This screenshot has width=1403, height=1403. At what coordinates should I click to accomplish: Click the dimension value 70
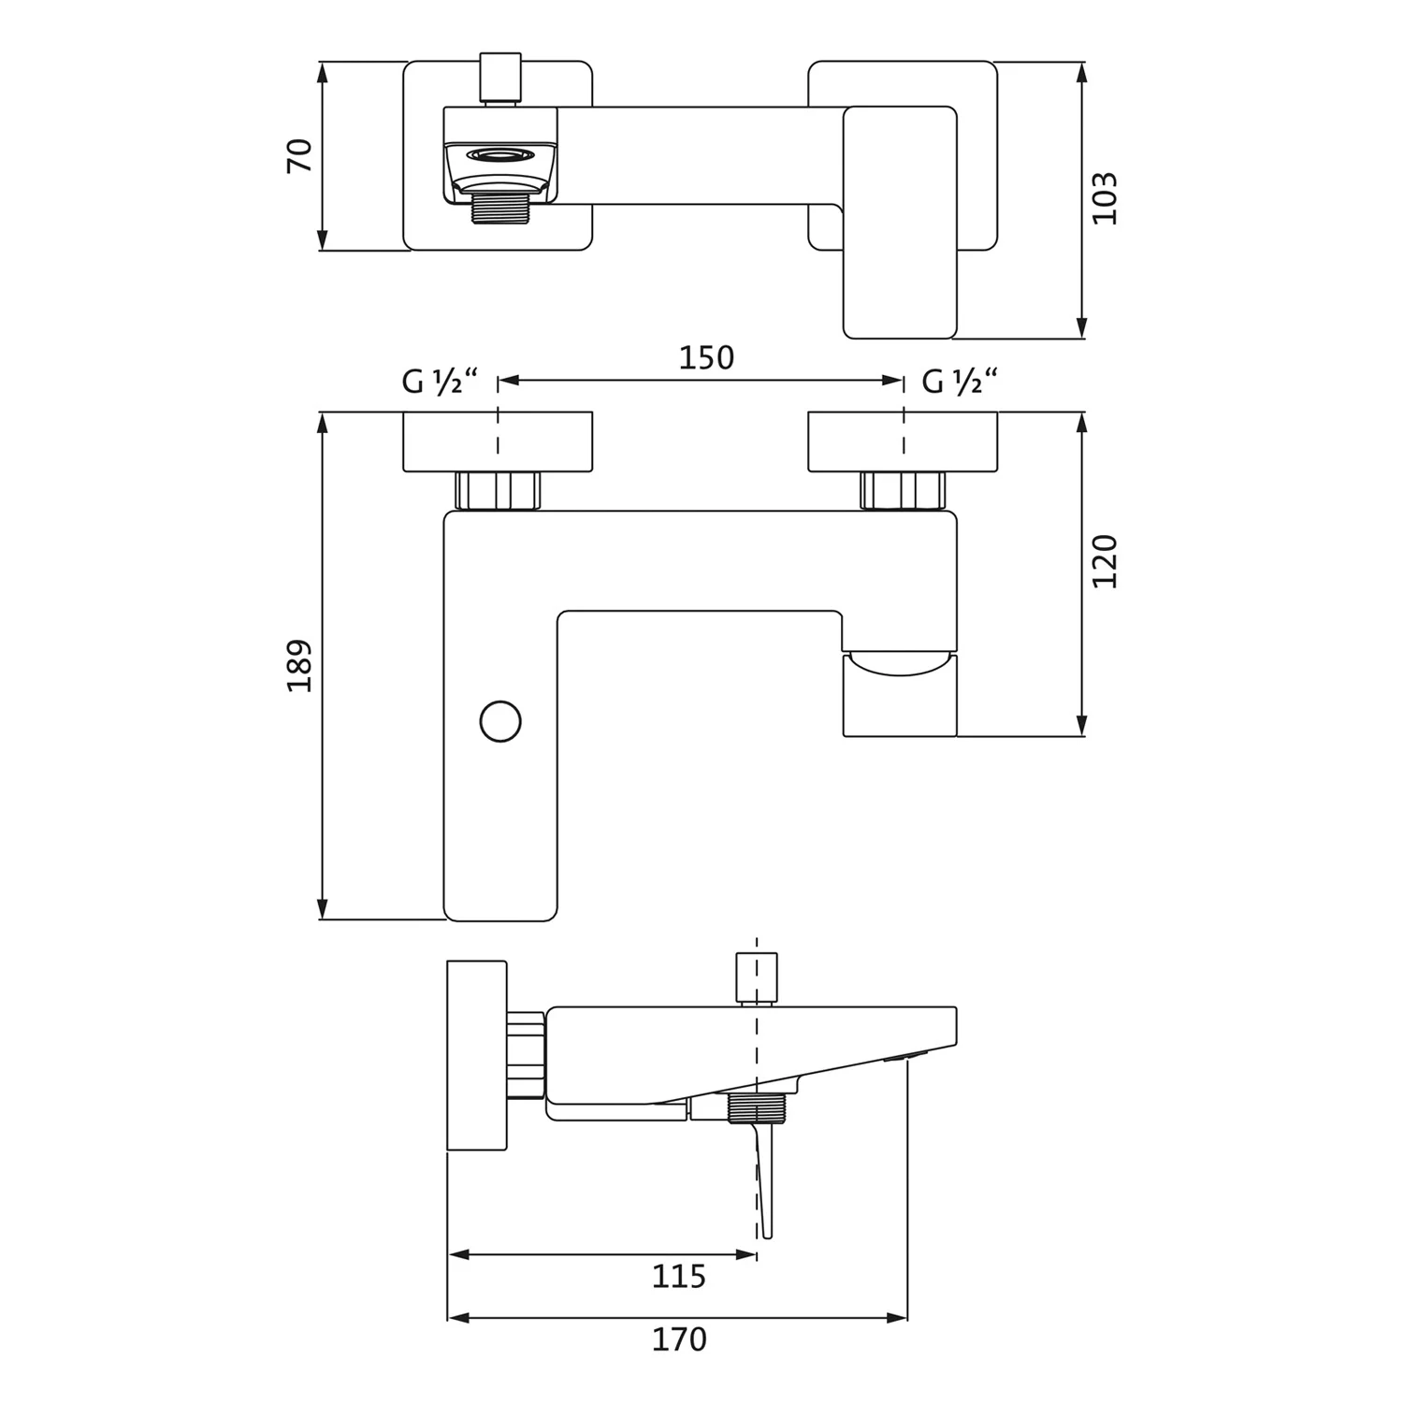point(299,155)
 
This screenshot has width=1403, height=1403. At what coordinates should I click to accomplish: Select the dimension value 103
point(1105,197)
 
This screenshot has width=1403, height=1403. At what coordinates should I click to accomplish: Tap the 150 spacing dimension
point(706,358)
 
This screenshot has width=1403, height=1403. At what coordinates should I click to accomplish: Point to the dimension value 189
point(299,665)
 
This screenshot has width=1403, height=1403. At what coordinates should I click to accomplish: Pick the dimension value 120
point(1105,560)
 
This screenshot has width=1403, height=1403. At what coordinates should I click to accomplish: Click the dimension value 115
point(679,1276)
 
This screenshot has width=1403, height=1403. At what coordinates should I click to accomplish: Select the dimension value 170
point(679,1339)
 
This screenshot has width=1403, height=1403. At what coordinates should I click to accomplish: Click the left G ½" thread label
point(440,382)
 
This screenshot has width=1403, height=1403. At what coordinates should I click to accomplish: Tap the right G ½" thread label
point(960,382)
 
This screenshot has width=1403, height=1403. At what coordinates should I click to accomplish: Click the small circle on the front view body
point(500,721)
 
